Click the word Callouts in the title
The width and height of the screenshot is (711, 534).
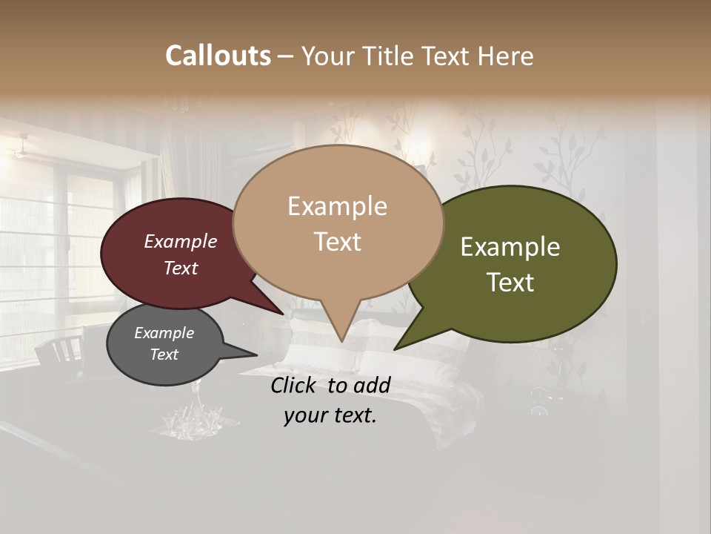pos(218,56)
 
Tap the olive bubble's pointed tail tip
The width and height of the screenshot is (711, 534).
pos(395,349)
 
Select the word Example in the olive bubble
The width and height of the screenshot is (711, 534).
pos(510,247)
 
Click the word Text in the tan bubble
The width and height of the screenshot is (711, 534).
pos(337,242)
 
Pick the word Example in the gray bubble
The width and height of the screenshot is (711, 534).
pos(164,333)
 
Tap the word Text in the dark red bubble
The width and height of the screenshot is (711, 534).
pos(181,268)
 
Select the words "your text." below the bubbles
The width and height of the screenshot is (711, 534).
pos(330,415)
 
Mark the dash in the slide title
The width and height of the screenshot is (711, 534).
pos(286,56)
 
